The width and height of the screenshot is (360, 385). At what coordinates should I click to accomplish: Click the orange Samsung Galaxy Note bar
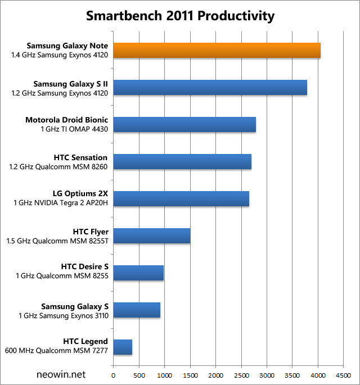[x=217, y=50]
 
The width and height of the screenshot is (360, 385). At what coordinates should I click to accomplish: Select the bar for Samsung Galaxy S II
[x=210, y=87]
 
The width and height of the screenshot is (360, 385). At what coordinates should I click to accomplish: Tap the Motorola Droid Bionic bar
[x=184, y=124]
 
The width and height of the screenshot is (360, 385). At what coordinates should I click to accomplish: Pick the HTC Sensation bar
[x=182, y=161]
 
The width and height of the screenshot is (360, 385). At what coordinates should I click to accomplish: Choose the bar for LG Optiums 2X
[x=181, y=198]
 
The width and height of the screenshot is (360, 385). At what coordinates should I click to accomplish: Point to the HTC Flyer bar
[x=152, y=235]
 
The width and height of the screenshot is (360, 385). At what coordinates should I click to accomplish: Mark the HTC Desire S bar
[x=138, y=273]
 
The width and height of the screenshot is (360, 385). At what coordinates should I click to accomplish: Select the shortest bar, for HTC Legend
[x=123, y=347]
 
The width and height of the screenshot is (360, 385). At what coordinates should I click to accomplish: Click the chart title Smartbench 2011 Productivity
[x=180, y=16]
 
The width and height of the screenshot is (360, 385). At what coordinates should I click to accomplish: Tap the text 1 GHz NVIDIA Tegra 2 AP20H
[x=61, y=203]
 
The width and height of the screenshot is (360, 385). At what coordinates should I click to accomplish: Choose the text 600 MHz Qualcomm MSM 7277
[x=59, y=352]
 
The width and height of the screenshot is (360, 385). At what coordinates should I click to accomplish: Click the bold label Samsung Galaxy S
[x=75, y=306]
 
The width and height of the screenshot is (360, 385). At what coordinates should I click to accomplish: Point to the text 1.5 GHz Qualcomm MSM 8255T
[x=57, y=241]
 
